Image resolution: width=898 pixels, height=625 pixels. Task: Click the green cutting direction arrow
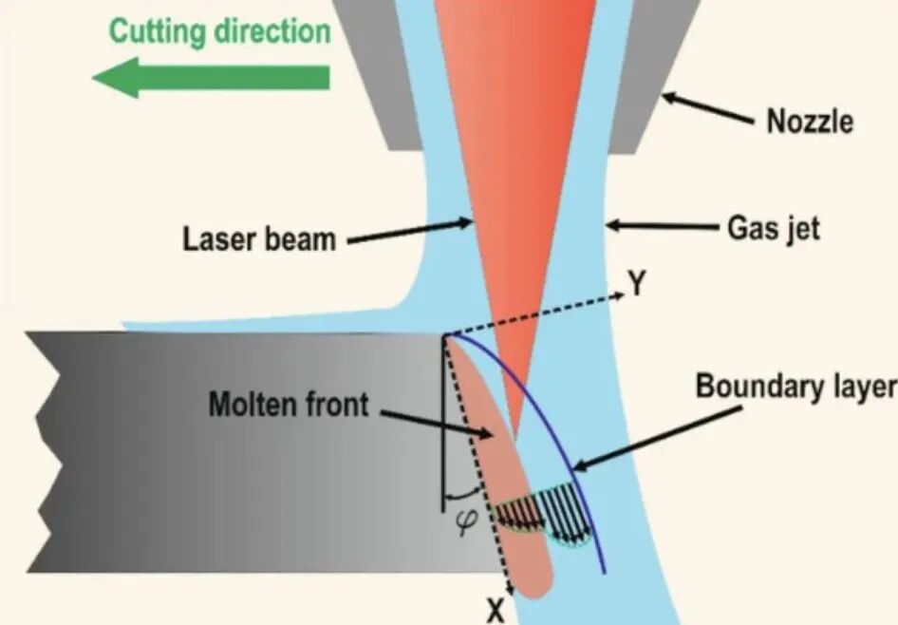tap(211, 77)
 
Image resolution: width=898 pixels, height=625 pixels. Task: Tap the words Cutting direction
tap(220, 31)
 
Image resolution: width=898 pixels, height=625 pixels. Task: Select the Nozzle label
tap(809, 122)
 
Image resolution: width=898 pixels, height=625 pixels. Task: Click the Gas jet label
tap(773, 229)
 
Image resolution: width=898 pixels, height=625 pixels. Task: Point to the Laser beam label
tap(259, 238)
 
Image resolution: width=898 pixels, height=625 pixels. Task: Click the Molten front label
tap(289, 404)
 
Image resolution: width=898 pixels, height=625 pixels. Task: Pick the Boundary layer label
tap(795, 387)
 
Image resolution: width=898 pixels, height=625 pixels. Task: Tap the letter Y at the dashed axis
tap(636, 283)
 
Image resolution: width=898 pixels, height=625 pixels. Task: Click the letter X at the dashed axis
tap(496, 611)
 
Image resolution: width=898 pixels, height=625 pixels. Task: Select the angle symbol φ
tap(468, 522)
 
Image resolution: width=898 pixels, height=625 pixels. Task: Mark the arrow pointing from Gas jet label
tap(663, 226)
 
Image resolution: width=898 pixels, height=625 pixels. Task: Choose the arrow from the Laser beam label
tap(410, 232)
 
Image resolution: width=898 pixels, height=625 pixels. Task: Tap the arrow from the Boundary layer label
tap(658, 439)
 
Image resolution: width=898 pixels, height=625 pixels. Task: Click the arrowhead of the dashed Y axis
tap(621, 295)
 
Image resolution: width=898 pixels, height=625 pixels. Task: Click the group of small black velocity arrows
tap(542, 513)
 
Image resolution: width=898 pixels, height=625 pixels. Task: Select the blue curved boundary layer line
tap(550, 424)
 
